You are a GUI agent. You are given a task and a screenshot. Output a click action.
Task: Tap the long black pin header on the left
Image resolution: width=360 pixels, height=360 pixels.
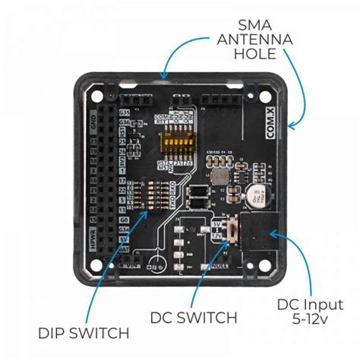(110, 182)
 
